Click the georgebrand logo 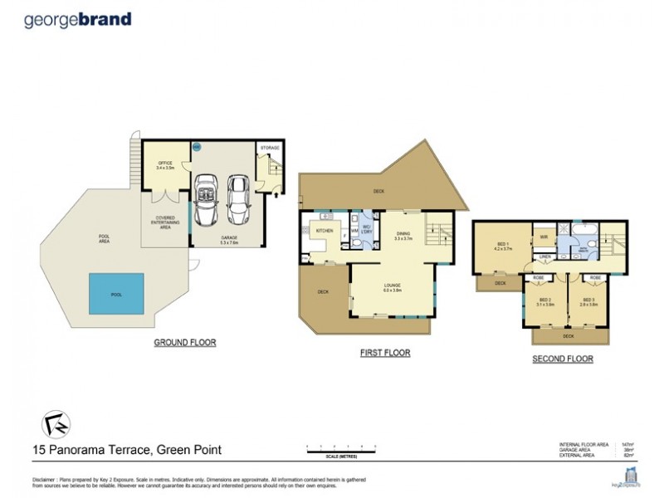[x=78, y=18]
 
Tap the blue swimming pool [x=116, y=294]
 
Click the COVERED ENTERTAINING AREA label [x=163, y=222]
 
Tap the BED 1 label [x=500, y=245]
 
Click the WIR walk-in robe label [x=544, y=237]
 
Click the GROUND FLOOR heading [x=184, y=342]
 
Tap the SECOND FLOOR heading [x=562, y=359]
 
